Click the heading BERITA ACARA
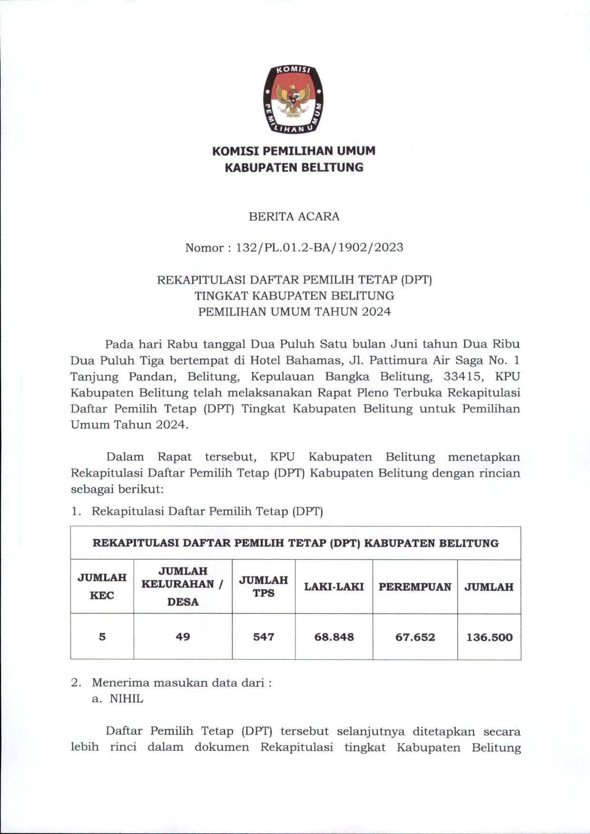[294, 217]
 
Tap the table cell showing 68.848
[334, 637]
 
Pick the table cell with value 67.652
[415, 637]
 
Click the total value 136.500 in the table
[489, 637]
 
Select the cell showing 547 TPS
[264, 637]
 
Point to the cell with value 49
[183, 637]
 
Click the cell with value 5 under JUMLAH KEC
[102, 637]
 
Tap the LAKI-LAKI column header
[334, 586]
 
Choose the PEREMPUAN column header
[415, 586]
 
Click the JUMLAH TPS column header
[264, 586]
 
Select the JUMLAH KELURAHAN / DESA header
[183, 586]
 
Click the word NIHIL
[127, 699]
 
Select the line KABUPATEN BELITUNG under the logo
[294, 167]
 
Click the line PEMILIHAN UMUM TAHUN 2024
[294, 312]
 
